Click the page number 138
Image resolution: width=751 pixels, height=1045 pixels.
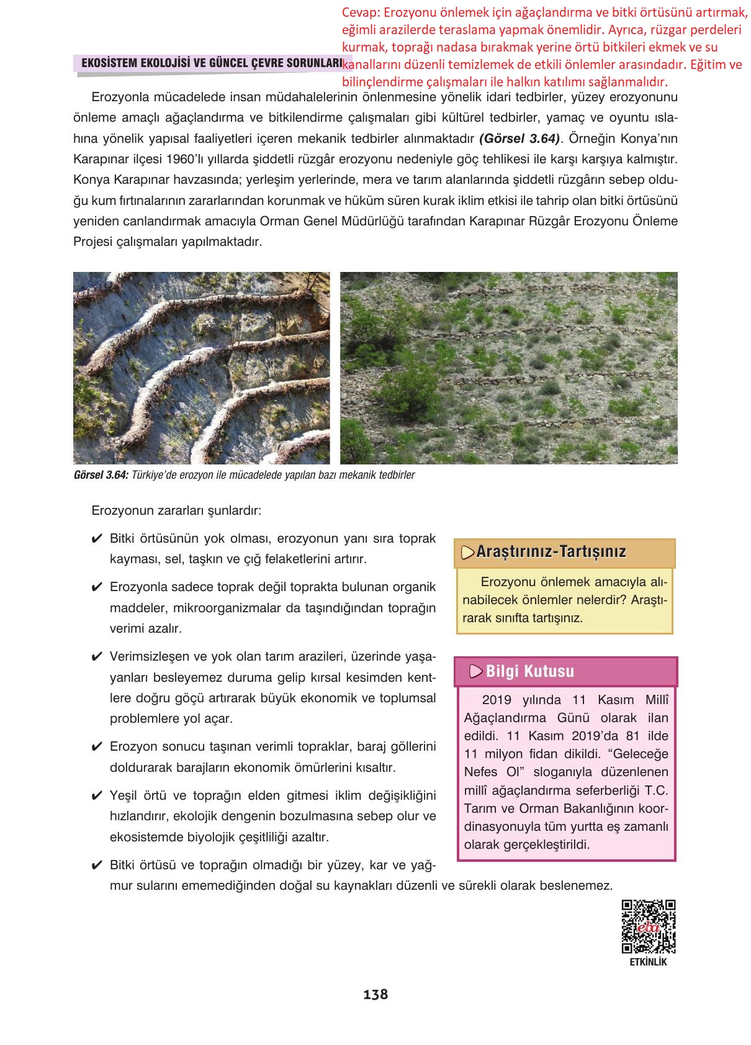pos(375,994)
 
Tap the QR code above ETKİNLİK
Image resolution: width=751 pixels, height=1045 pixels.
pos(648,926)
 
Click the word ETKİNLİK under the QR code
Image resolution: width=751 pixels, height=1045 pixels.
pos(648,962)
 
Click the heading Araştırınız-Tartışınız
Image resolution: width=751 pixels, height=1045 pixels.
pos(551,551)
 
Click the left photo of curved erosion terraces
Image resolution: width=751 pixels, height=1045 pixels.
pos(202,368)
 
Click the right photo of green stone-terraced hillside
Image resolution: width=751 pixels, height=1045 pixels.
pos(508,368)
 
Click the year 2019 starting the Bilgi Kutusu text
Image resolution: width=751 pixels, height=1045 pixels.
pos(497,700)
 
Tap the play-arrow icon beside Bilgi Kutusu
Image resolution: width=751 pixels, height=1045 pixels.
pos(476,671)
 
